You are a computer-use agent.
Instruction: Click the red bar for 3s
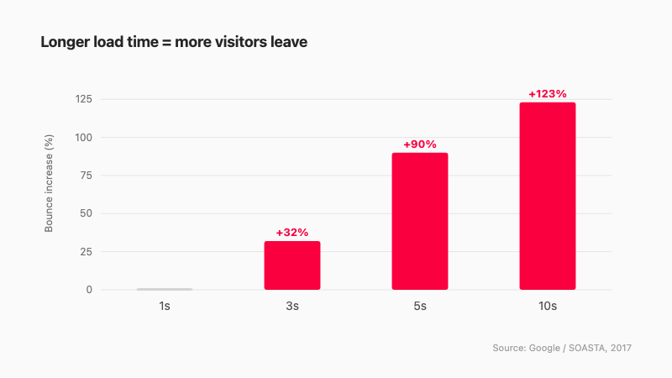tap(292, 265)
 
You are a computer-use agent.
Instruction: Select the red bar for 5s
tap(420, 221)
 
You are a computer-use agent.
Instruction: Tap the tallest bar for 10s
tap(548, 196)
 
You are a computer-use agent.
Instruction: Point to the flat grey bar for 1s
tap(165, 289)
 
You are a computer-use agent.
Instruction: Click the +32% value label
tap(292, 233)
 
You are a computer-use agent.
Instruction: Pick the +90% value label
tap(420, 144)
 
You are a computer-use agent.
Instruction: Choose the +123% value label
tap(548, 94)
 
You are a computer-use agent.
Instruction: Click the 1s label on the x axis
tap(165, 306)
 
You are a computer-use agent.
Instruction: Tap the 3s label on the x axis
tap(292, 306)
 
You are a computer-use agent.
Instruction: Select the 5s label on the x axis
tap(420, 306)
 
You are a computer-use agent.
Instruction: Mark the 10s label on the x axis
tap(548, 306)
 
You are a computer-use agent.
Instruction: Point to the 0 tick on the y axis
tap(89, 290)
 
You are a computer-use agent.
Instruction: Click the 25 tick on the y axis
tap(87, 251)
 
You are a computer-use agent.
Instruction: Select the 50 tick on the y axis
tap(87, 213)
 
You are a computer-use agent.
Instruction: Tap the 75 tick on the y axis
tap(87, 176)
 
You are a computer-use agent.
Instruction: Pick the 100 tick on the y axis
tap(84, 138)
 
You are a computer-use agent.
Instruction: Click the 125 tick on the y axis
tap(84, 99)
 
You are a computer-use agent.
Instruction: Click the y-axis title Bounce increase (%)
tap(49, 183)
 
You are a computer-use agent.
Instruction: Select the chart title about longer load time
tap(174, 42)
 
